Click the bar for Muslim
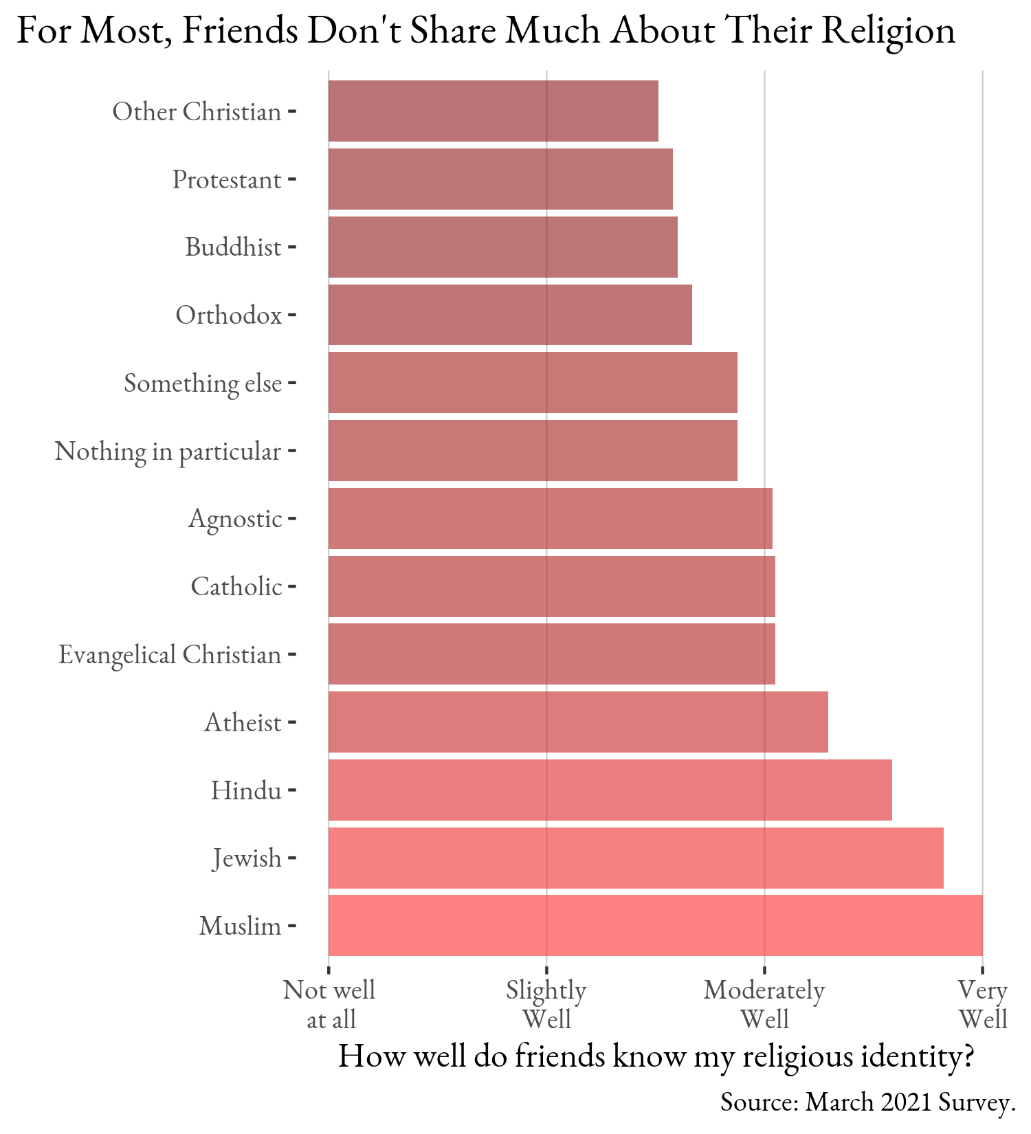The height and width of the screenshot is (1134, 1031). tap(655, 925)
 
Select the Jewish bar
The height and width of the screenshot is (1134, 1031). tap(636, 858)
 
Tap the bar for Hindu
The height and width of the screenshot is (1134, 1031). tap(610, 790)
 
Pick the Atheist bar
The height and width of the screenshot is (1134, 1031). tap(578, 722)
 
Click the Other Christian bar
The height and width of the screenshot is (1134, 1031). tap(493, 111)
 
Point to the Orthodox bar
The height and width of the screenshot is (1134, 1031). tap(510, 315)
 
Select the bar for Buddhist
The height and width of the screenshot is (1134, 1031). tap(502, 247)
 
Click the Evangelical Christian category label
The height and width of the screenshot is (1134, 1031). tap(170, 654)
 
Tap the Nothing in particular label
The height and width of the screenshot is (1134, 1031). tap(168, 451)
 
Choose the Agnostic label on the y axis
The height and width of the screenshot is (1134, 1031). tap(235, 518)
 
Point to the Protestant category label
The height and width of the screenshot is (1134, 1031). tap(226, 179)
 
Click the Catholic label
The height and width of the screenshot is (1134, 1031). tap(236, 586)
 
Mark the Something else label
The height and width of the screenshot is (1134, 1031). tap(203, 383)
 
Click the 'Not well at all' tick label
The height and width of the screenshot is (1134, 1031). tap(329, 1004)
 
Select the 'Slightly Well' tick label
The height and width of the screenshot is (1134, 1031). tap(546, 1004)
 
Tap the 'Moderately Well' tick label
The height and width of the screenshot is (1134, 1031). tap(764, 1004)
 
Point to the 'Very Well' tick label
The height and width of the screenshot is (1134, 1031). tap(983, 1004)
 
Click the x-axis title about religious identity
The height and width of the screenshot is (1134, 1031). tap(656, 1056)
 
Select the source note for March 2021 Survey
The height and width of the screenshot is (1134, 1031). tap(867, 1102)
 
